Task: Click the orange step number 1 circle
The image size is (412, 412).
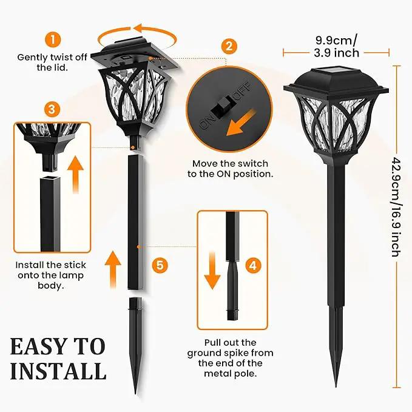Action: point(53,39)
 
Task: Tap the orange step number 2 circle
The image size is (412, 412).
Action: point(229,46)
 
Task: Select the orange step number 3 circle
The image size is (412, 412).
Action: point(52,109)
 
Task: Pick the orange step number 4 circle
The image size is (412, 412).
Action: point(253,265)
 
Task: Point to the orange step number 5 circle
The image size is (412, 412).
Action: point(160,265)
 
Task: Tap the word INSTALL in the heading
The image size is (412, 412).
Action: point(58,371)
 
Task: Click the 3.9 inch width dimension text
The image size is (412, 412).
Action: point(337,53)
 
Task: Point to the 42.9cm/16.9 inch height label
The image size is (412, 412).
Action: point(396,207)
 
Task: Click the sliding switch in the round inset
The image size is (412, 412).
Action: point(222,107)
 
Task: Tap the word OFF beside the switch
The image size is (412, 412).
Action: point(242,90)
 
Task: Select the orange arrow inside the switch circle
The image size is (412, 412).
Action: point(241,123)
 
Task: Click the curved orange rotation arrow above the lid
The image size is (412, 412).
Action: point(137,36)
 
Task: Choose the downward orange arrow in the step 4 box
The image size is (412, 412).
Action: point(212,271)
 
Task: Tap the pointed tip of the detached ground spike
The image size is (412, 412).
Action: point(135,393)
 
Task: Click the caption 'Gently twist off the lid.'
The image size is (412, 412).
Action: point(52,62)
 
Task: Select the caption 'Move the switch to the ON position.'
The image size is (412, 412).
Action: point(231,169)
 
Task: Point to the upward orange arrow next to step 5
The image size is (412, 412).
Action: point(113,269)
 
